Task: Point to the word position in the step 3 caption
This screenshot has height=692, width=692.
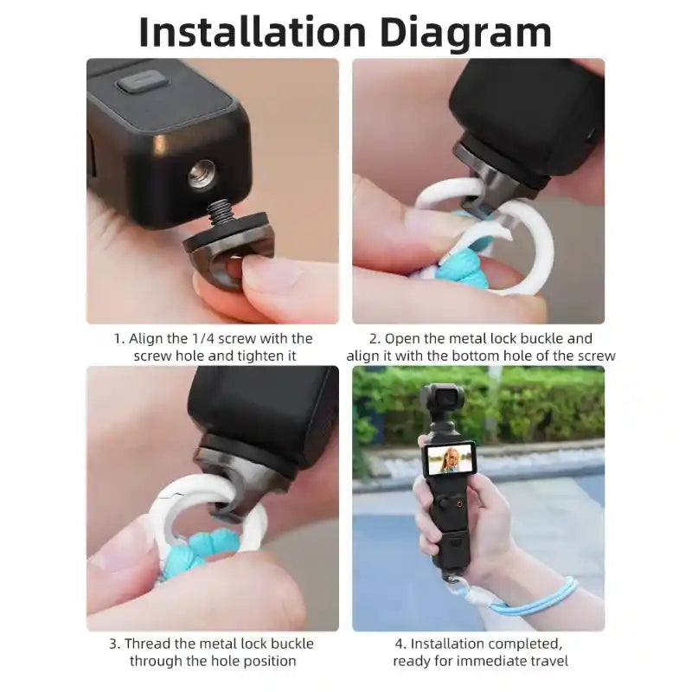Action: (x=267, y=662)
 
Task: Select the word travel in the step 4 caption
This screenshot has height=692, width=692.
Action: (x=547, y=662)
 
